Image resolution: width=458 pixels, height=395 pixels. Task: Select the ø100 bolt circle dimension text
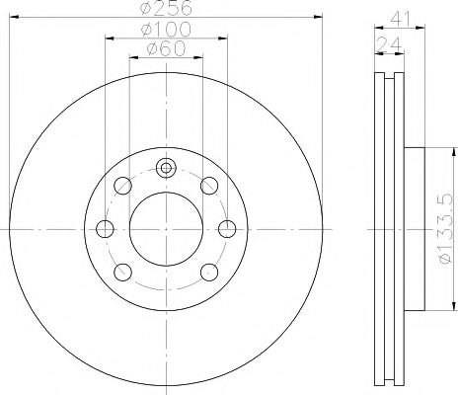(x=165, y=31)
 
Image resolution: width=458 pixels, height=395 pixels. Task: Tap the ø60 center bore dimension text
(x=165, y=50)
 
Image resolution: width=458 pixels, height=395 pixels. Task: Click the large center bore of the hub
(x=166, y=228)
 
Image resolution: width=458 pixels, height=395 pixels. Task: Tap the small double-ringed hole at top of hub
(x=166, y=167)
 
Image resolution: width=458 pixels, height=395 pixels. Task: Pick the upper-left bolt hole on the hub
(x=122, y=185)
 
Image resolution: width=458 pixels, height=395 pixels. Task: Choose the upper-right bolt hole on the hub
(x=209, y=185)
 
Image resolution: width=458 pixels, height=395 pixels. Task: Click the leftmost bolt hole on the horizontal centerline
(x=105, y=228)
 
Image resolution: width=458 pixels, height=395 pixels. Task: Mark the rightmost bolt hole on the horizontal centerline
(x=227, y=228)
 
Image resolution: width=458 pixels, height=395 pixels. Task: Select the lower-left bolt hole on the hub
(x=122, y=272)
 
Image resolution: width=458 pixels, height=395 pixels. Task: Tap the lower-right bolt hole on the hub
(x=209, y=272)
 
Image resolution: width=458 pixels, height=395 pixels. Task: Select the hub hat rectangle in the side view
(x=412, y=228)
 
